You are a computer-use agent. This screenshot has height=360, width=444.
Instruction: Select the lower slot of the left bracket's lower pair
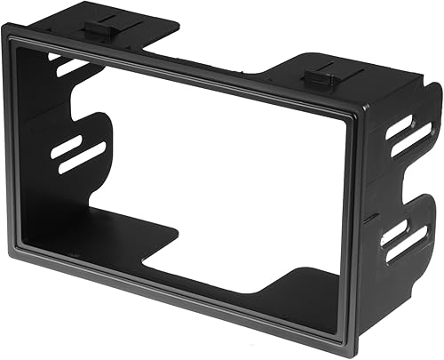(x=82, y=157)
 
